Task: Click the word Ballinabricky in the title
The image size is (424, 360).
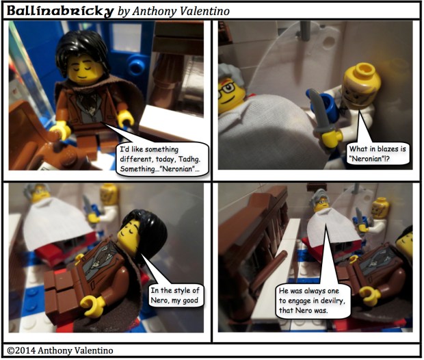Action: (59, 12)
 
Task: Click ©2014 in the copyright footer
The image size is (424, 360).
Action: (21, 350)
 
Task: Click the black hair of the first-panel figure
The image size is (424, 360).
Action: (81, 50)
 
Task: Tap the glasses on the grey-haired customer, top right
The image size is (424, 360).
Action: (230, 87)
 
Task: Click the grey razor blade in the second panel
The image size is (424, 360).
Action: (319, 111)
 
